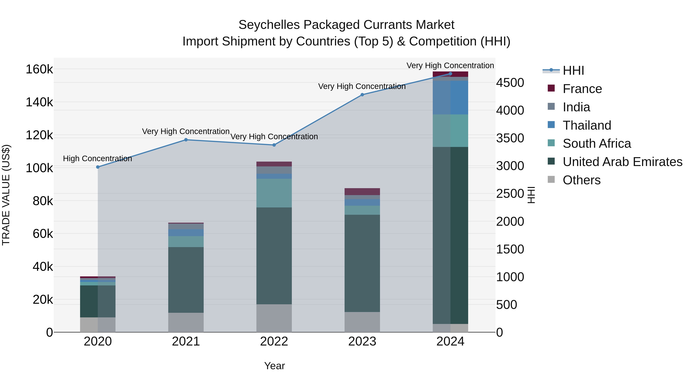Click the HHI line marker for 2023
(362, 95)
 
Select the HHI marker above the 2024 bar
(450, 74)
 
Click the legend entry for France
(582, 89)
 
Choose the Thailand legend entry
(587, 125)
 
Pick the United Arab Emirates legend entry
(622, 162)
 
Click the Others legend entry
(581, 180)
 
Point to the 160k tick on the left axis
(39, 70)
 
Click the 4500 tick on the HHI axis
(510, 83)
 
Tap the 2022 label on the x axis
(274, 341)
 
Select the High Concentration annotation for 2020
(97, 159)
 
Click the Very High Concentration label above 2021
(186, 131)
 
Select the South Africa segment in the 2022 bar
(274, 193)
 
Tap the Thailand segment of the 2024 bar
(450, 97)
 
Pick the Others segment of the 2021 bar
(186, 322)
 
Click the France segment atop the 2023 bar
(362, 191)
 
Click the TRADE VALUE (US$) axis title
(6, 195)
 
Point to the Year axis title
(274, 366)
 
